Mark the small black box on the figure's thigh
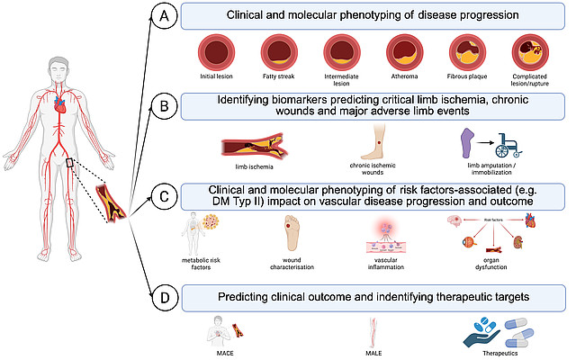[70, 163]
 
